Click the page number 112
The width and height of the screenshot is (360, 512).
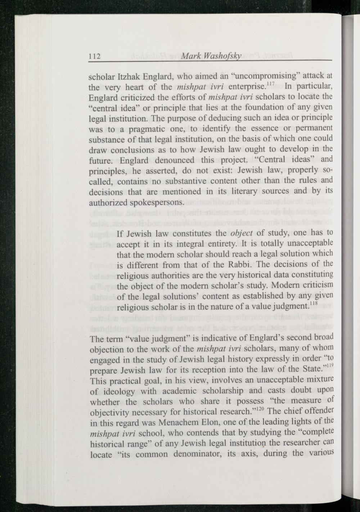pos(94,56)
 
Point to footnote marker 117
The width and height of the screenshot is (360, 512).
pos(271,84)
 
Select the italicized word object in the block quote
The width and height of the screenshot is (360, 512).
pos(241,233)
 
